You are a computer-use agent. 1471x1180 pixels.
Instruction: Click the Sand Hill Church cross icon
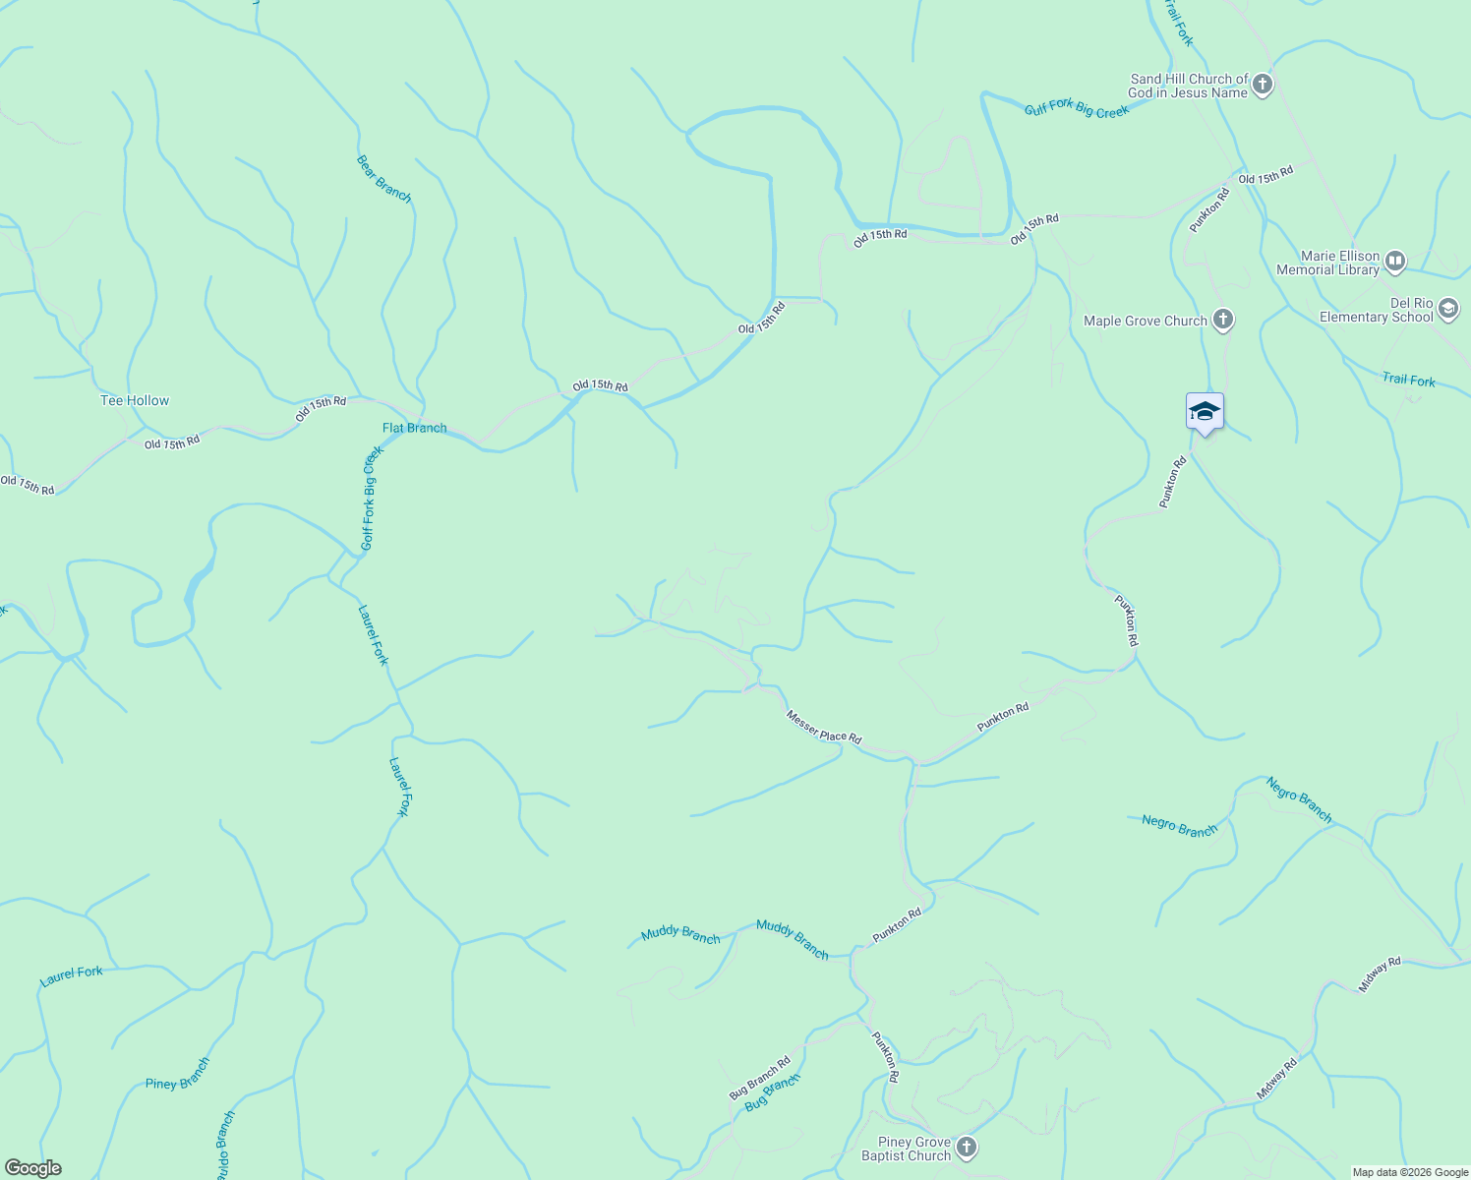click(x=1263, y=85)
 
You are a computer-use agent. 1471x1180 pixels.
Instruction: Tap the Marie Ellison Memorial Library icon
click(x=1394, y=262)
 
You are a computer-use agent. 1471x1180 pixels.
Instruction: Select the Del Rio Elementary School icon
click(x=1447, y=310)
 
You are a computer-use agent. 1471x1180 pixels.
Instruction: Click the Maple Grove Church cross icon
click(x=1222, y=320)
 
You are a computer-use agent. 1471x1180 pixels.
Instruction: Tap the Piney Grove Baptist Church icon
click(x=967, y=1148)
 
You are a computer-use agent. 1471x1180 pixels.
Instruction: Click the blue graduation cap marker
click(x=1205, y=412)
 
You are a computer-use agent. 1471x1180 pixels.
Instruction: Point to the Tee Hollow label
click(x=135, y=400)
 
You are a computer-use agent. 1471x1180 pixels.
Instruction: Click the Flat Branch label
click(x=414, y=428)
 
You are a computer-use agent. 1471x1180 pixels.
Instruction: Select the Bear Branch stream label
click(x=383, y=178)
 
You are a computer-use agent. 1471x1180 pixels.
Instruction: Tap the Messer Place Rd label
click(x=824, y=728)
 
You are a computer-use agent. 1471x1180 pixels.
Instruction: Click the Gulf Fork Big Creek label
click(x=1077, y=109)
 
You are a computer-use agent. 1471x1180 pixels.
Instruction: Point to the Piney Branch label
click(x=178, y=1074)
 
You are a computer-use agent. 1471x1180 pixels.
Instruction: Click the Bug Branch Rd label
click(x=759, y=1079)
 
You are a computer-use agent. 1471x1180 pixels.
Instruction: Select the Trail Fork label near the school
click(x=1408, y=380)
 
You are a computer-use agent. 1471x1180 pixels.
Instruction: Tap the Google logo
click(x=32, y=1168)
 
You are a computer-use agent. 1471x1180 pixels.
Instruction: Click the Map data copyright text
click(x=1409, y=1172)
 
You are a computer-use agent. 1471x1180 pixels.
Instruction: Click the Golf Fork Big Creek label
click(x=370, y=499)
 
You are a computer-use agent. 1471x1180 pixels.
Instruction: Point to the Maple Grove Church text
click(x=1145, y=321)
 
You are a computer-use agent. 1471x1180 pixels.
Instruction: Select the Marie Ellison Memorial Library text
click(x=1327, y=263)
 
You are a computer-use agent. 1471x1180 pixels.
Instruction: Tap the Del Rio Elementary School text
click(x=1376, y=310)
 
